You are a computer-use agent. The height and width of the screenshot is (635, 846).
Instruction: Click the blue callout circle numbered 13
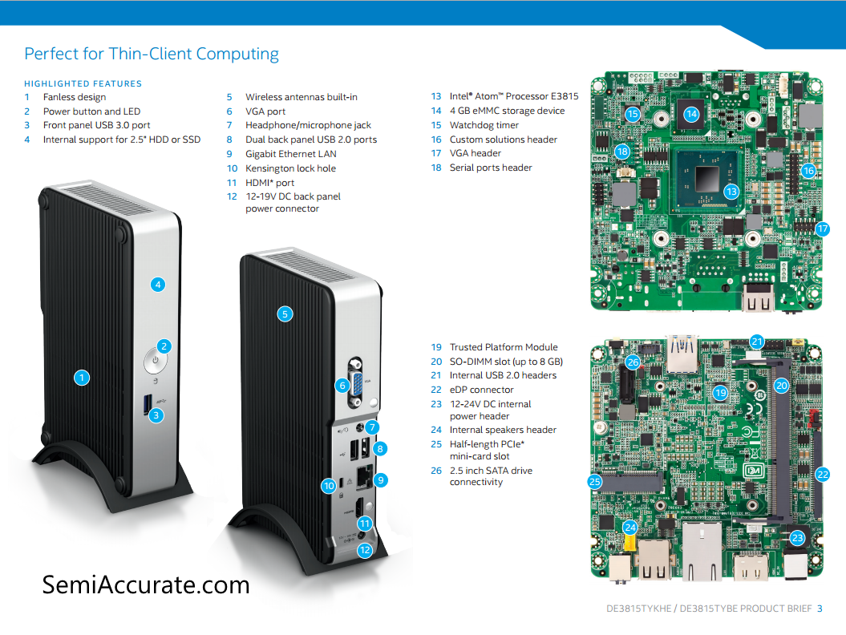731,192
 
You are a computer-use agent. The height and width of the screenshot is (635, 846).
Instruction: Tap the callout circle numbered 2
164,346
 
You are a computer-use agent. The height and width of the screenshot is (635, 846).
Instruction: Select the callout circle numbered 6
342,386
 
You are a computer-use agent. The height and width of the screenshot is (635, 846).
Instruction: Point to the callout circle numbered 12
365,550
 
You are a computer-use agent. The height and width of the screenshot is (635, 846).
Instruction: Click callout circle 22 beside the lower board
822,474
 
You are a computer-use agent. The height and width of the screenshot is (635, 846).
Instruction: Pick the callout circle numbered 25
594,482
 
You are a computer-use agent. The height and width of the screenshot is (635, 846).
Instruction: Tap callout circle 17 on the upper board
822,229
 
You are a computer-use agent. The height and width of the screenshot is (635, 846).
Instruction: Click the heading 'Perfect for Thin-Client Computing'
152,55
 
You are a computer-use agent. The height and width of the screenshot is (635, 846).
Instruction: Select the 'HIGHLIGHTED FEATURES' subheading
83,83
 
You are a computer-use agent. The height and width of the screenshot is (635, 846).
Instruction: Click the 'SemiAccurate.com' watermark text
146,584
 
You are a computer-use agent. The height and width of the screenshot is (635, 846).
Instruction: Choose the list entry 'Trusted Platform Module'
504,347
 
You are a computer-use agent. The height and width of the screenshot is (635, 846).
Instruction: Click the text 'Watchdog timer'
484,125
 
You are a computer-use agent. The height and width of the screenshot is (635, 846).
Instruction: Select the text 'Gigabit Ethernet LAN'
290,154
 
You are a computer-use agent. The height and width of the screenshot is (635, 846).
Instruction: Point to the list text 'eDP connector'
481,390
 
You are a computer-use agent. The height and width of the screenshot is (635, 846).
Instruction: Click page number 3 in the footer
820,609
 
